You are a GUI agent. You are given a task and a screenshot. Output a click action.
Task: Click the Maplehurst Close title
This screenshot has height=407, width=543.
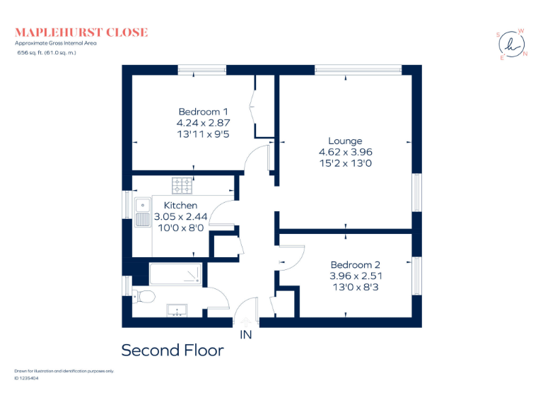point(81,32)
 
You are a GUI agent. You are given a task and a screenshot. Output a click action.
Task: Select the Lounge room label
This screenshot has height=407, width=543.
point(345,141)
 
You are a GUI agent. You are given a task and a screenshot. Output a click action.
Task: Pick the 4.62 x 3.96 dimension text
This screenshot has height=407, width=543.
point(345,152)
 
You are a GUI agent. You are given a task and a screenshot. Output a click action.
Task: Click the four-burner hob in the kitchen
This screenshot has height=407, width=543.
point(182,185)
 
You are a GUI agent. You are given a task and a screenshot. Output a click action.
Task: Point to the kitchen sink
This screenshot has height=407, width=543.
point(141,209)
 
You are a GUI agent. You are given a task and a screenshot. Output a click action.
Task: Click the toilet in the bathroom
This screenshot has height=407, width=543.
point(144,295)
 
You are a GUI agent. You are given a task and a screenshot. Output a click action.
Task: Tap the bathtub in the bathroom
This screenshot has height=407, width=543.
point(175,274)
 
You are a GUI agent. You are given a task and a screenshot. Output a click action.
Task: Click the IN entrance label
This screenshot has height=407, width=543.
point(246,334)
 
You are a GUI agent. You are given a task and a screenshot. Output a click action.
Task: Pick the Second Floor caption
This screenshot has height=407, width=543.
point(173,350)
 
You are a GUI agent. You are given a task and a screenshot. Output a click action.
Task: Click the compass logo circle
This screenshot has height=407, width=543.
point(511,45)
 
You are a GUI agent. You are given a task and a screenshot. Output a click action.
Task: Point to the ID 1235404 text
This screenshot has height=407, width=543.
point(26,379)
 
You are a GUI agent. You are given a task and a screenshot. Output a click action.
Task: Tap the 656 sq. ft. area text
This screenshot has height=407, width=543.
point(47,52)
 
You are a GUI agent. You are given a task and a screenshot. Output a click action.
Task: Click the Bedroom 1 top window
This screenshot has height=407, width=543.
point(202,69)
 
